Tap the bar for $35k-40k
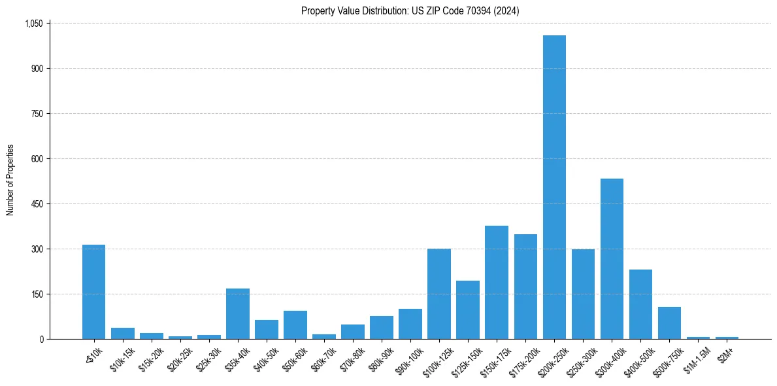(x=238, y=313)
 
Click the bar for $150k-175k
(x=497, y=282)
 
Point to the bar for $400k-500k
(x=640, y=304)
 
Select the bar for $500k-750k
(x=669, y=323)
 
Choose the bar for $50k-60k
(x=295, y=325)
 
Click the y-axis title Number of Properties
(x=10, y=181)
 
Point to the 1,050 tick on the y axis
(x=33, y=24)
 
